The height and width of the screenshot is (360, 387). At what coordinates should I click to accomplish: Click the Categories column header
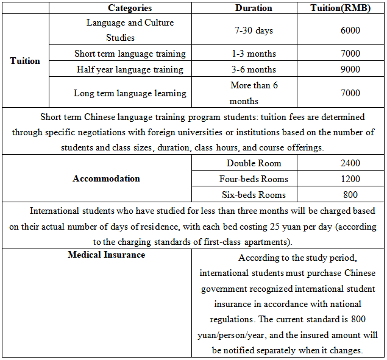click(130, 8)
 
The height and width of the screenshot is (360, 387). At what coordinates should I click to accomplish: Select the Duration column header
click(254, 8)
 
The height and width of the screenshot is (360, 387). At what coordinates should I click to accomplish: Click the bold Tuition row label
click(25, 61)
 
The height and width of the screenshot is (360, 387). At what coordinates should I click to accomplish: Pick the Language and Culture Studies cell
click(130, 30)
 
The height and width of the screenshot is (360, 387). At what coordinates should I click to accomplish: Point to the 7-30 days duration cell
click(254, 30)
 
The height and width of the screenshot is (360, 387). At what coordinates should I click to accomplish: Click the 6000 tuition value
click(350, 30)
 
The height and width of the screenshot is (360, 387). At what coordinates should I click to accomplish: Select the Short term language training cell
click(130, 54)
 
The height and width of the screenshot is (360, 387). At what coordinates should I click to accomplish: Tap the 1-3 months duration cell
click(254, 54)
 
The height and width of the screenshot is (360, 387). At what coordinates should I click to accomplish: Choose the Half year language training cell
click(130, 69)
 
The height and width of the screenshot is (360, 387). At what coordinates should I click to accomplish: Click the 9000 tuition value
click(350, 69)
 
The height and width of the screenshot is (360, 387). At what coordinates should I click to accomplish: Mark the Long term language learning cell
click(130, 93)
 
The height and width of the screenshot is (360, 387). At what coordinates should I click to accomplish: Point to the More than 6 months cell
click(254, 93)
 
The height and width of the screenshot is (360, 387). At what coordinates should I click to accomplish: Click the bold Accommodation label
click(106, 178)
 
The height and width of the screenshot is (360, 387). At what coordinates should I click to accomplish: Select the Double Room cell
click(254, 163)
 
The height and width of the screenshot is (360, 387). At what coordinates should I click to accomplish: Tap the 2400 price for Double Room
click(350, 163)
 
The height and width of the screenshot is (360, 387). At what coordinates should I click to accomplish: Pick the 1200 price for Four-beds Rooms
click(350, 179)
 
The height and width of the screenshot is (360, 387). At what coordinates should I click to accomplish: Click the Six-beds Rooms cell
click(254, 195)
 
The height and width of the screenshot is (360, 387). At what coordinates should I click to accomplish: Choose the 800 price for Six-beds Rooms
click(350, 195)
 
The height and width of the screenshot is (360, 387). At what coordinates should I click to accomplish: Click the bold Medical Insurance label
click(106, 255)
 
